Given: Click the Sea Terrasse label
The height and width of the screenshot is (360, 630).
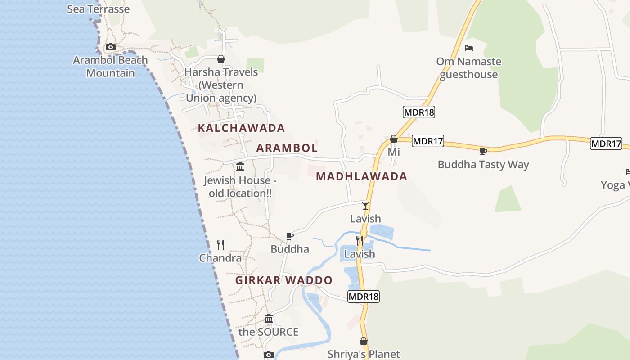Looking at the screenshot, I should coord(98,9).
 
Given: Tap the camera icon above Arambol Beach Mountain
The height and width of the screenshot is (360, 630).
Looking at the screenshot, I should coord(110,47).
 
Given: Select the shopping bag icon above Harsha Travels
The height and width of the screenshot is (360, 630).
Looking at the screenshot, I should coord(221,59).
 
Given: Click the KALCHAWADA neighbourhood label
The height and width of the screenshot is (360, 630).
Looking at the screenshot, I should coord(241,128).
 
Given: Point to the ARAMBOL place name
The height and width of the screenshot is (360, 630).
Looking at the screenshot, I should coord(287,148).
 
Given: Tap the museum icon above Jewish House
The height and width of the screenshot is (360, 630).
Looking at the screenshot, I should coord(240,167).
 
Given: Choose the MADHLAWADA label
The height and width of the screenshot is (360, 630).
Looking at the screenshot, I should coord(361,176).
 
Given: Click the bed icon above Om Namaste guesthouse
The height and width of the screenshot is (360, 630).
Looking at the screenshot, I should coord(469,48).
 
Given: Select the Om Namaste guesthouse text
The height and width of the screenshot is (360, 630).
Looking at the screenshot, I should coord(469,68).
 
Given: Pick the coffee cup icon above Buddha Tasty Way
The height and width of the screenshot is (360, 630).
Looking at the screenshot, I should coord(483,151).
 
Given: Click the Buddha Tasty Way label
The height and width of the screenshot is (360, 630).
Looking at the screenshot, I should coord(483,165).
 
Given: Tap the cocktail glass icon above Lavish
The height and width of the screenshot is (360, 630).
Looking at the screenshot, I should coord(365,206).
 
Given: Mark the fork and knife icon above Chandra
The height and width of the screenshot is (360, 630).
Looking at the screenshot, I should coord(220,244).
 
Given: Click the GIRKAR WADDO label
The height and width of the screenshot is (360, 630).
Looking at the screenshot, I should coord(284,280).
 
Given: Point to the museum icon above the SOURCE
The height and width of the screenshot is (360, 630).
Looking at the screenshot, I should coord(269,319).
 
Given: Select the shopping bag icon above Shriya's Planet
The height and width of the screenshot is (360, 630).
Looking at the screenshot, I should coord(364,341).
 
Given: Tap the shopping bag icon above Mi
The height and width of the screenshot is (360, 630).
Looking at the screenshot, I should coord(394,139).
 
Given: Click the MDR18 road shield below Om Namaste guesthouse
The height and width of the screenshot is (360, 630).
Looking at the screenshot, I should coord(419,112).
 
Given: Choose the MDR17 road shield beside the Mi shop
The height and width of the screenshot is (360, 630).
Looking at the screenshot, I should coord(428,141).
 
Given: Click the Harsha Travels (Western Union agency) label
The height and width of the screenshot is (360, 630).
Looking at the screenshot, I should coord(221,85).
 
